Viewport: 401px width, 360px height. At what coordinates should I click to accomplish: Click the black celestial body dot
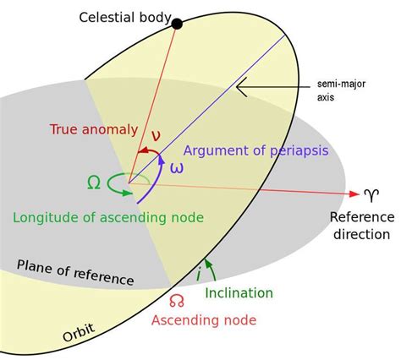177,24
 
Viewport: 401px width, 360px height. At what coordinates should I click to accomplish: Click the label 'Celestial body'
125,17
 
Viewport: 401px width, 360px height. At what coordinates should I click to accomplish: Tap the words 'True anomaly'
93,129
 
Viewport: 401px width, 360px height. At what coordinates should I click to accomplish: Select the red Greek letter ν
156,134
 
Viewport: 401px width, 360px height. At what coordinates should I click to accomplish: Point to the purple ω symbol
176,167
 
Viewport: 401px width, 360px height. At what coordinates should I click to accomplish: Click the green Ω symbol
94,181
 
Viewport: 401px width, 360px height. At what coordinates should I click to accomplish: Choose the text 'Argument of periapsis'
255,150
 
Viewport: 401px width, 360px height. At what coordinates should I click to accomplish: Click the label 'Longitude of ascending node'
108,217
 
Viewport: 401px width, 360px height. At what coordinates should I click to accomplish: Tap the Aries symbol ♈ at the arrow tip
371,196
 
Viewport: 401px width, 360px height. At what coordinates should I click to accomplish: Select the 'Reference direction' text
360,226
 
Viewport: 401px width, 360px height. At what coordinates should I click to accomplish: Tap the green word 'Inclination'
239,292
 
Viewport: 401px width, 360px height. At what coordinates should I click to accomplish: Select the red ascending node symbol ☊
176,300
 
